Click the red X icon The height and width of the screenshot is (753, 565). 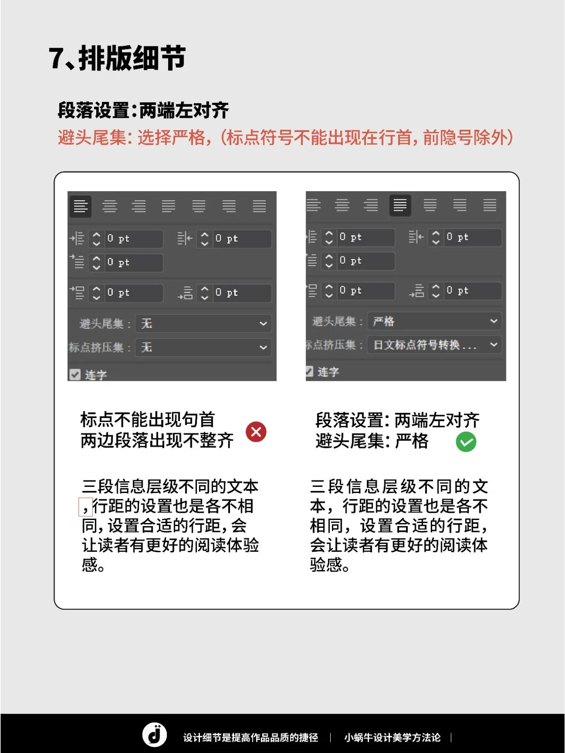click(256, 432)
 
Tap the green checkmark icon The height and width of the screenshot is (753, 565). click(466, 442)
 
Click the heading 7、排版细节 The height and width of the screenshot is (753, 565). click(117, 58)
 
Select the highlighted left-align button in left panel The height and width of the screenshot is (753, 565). click(80, 206)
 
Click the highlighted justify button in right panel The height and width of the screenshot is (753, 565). click(400, 205)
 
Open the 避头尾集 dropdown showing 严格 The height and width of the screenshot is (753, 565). click(434, 321)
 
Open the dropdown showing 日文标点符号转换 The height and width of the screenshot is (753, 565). click(434, 345)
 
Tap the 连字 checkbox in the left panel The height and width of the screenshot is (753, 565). click(75, 375)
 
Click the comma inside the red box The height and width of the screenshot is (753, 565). click(85, 507)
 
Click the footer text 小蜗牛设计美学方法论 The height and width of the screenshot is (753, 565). click(392, 738)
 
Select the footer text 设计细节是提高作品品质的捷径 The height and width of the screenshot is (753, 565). click(250, 738)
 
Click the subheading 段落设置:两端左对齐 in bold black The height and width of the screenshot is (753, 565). click(143, 110)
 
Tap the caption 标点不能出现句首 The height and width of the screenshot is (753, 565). click(147, 420)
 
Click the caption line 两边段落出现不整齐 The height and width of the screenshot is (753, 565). click(157, 441)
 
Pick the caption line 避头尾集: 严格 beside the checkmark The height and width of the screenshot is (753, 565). click(372, 441)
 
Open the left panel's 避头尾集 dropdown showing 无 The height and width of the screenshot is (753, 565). click(203, 324)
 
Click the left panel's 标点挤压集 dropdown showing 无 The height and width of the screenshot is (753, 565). click(203, 347)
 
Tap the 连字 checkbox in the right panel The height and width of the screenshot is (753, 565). click(309, 372)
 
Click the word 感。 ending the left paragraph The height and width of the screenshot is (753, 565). click(93, 565)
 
